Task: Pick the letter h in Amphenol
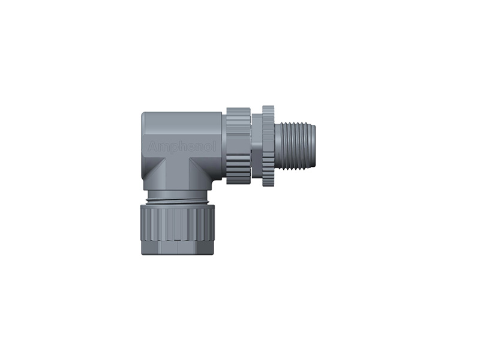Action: [x=180, y=146]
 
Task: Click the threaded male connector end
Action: [x=294, y=146]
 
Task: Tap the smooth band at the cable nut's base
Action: [x=178, y=248]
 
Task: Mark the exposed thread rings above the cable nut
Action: [x=178, y=196]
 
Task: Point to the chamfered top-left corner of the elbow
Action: [x=145, y=115]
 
